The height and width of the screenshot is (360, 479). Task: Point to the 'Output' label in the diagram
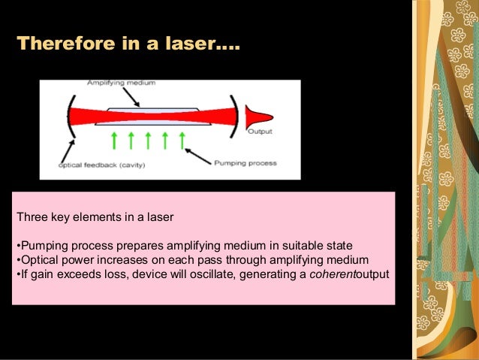coord(261,132)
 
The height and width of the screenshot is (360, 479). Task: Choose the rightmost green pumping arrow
coord(183,139)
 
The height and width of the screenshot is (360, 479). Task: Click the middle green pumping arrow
coord(149,139)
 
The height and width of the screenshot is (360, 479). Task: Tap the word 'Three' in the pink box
coord(31,218)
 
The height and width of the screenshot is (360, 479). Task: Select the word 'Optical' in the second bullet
coord(37,259)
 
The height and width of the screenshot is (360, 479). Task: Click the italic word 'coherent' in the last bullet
coord(333,273)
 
